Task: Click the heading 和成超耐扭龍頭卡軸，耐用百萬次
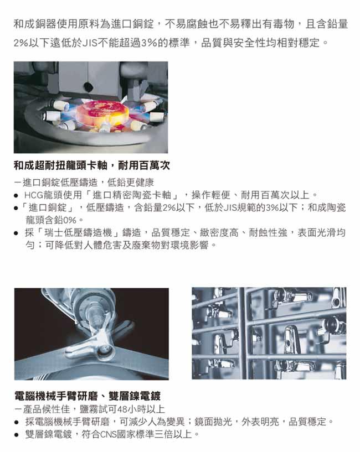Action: [92, 165]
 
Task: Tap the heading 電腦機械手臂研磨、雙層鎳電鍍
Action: [88, 396]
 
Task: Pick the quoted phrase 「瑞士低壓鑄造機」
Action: [78, 232]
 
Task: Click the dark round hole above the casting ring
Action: [87, 86]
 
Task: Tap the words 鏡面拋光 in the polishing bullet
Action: [213, 422]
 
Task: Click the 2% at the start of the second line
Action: [21, 43]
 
